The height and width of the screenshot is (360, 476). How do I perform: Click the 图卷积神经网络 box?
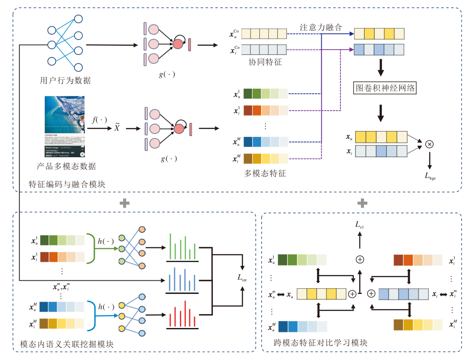(385, 88)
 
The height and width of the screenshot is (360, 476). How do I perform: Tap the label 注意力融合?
(321, 28)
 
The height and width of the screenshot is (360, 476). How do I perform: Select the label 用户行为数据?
(65, 80)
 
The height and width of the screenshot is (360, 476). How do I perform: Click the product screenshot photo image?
(65, 127)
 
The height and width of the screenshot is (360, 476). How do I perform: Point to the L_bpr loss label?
(430, 176)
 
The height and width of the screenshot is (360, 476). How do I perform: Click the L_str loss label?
(242, 278)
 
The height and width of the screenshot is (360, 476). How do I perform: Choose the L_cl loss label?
(359, 225)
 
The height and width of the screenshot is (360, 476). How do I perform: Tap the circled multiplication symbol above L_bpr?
(429, 144)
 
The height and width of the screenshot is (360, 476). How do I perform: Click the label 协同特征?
(265, 62)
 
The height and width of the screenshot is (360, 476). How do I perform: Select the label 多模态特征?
(265, 173)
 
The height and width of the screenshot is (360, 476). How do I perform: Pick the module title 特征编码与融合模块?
(67, 184)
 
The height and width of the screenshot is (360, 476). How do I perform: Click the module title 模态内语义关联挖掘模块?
(67, 344)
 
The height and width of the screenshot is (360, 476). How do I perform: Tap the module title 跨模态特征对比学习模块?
(320, 343)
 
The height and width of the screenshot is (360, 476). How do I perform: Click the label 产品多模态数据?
(66, 167)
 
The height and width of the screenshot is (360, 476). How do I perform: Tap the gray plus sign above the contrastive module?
(362, 203)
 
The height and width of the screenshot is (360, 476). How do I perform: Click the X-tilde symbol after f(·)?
(117, 128)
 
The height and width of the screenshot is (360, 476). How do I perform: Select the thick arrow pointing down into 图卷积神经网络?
(381, 68)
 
